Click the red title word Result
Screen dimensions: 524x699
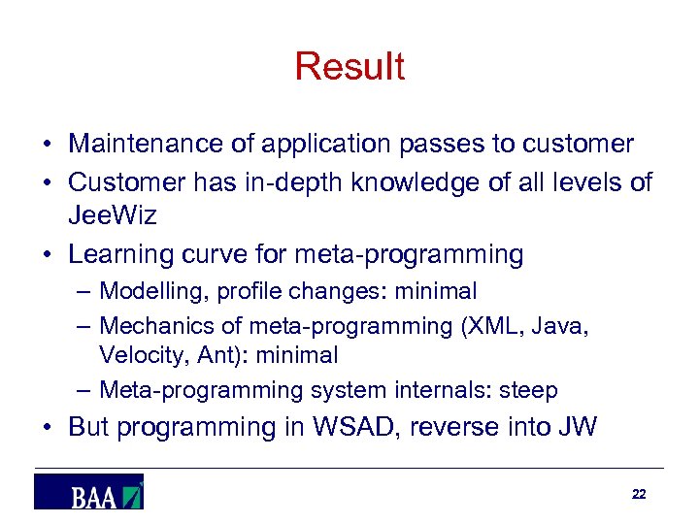coord(349,67)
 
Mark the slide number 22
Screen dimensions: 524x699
coord(638,494)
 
